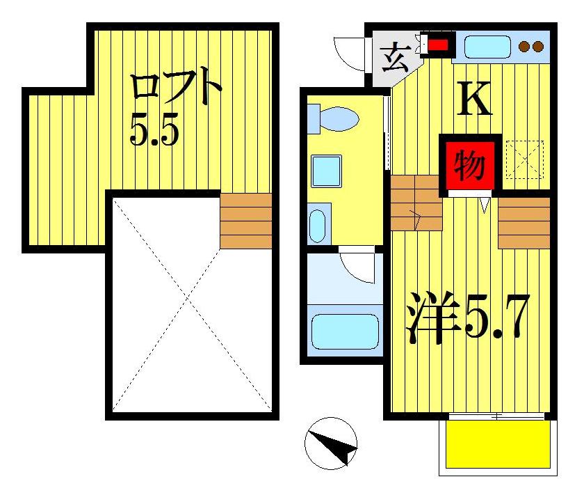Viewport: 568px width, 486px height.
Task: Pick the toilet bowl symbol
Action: pos(332,118)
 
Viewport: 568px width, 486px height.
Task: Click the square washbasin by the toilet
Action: pos(325,169)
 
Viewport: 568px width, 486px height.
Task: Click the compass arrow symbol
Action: pos(331,444)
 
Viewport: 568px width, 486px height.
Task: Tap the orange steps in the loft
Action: pos(245,221)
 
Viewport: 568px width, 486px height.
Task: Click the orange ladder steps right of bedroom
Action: pos(524,223)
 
